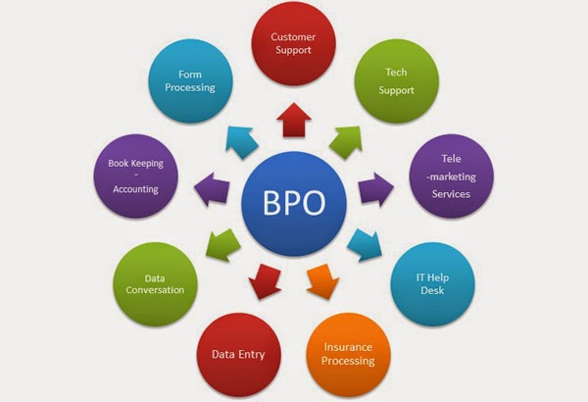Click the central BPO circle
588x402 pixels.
click(x=294, y=203)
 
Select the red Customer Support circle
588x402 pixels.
click(x=293, y=43)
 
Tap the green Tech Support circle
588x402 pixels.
click(x=396, y=80)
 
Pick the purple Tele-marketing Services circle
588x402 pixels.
click(x=451, y=176)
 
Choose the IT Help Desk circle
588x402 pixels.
click(x=432, y=284)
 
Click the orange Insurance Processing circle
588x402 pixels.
click(x=348, y=354)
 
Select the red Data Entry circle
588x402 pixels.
click(x=238, y=354)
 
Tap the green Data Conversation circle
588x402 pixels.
click(x=155, y=284)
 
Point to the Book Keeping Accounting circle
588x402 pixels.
click(x=136, y=176)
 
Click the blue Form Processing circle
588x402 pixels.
click(x=190, y=80)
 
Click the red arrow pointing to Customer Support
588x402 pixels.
click(x=294, y=121)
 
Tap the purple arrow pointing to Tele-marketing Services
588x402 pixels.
click(x=375, y=189)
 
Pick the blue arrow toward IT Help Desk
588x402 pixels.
click(x=365, y=245)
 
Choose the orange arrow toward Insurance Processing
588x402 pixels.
click(x=322, y=281)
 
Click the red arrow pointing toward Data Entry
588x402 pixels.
click(x=265, y=281)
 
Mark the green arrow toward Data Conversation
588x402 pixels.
click(x=223, y=245)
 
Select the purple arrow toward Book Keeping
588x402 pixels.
click(x=212, y=189)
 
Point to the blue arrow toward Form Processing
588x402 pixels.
click(x=241, y=142)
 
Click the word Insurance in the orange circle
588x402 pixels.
click(x=348, y=347)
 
